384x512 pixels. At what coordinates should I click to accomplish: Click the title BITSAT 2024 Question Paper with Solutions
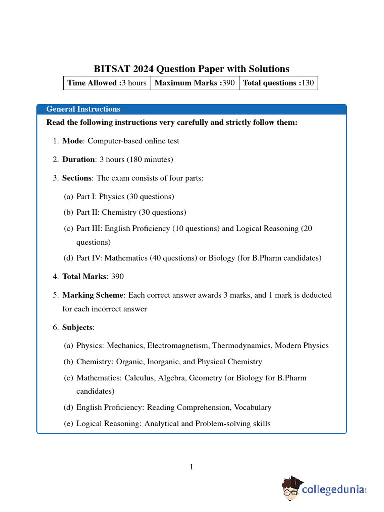click(192, 69)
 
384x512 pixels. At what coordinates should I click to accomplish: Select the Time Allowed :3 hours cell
click(107, 83)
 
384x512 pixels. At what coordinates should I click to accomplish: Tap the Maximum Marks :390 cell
click(195, 83)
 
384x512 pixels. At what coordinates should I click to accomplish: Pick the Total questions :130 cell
click(278, 83)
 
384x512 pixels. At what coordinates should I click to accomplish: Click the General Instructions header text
click(83, 109)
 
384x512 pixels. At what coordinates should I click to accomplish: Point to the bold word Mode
click(72, 141)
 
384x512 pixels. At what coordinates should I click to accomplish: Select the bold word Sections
click(77, 178)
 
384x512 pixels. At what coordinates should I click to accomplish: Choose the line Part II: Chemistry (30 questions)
click(131, 212)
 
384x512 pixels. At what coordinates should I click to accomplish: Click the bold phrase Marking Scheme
click(93, 295)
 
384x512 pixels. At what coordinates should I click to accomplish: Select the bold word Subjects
click(77, 327)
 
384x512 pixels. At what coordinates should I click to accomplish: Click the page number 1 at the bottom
click(191, 467)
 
